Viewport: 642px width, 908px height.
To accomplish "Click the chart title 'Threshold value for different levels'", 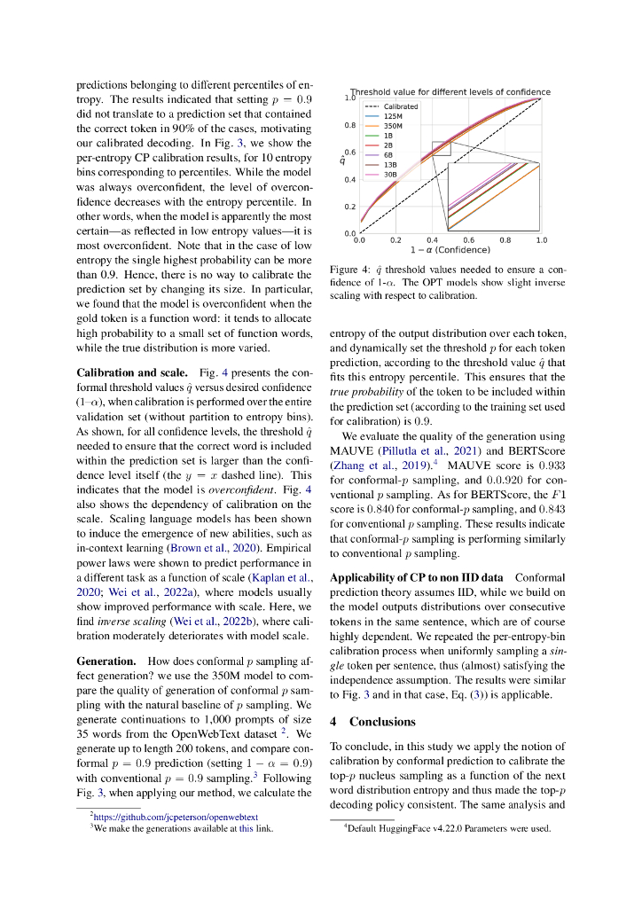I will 450,92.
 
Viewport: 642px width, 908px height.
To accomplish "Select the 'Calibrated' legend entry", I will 401,106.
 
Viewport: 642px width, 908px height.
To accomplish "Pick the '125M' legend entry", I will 393,116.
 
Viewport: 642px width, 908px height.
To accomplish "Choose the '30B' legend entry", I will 390,175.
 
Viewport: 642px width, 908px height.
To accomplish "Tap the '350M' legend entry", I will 393,126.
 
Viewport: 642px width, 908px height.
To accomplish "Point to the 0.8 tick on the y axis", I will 350,125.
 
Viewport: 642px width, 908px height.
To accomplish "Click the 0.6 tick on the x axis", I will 469,240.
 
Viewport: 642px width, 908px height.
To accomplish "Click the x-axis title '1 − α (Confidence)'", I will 450,250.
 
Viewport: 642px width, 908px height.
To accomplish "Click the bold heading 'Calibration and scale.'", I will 132,373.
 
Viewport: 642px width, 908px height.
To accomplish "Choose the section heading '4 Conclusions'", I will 372,721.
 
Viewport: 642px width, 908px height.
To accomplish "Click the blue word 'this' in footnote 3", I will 247,828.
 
